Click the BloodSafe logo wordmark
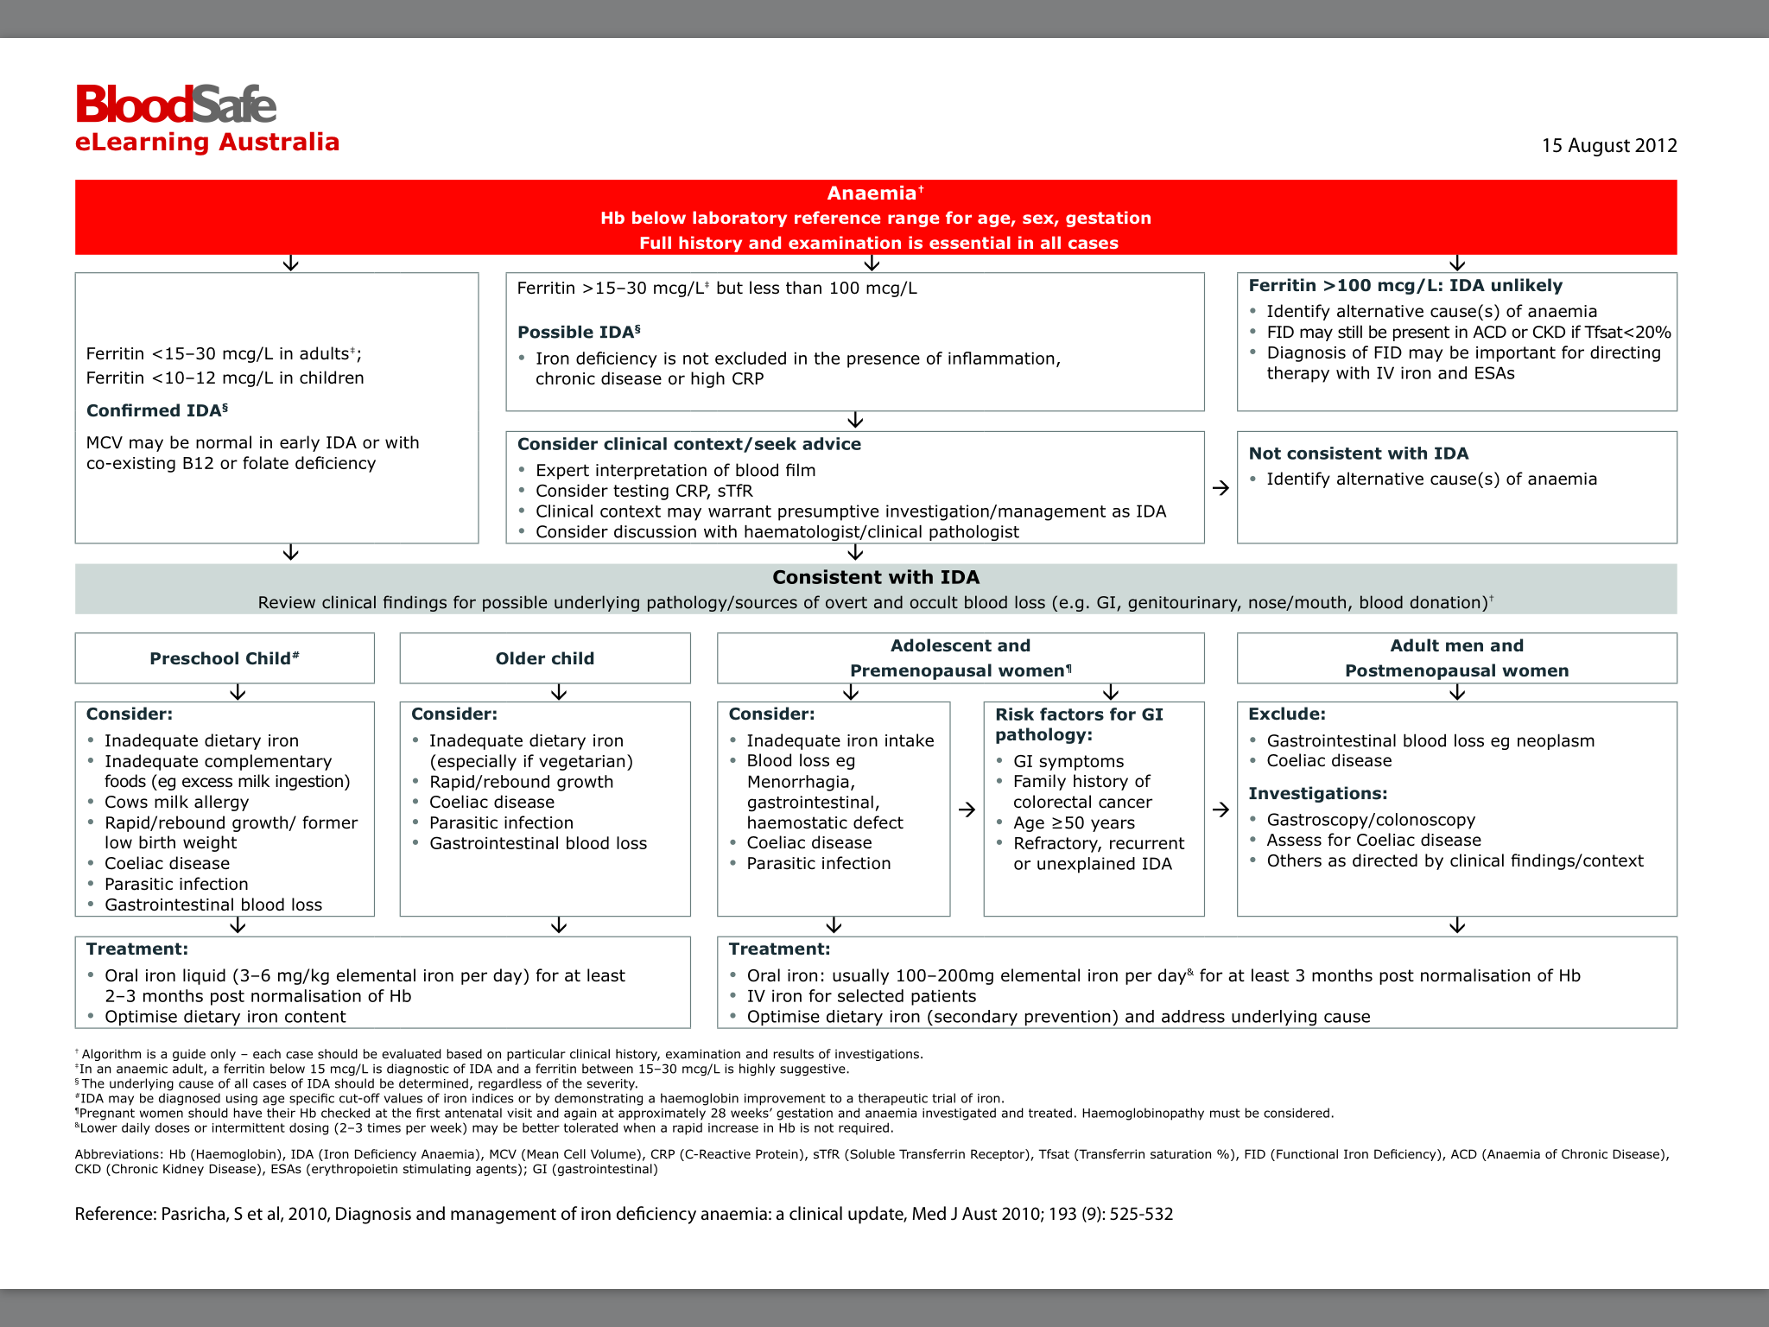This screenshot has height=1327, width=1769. [x=176, y=105]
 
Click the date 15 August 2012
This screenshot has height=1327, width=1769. [x=1608, y=145]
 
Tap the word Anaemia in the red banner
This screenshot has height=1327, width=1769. [x=871, y=194]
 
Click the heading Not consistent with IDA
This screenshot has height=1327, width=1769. [x=1358, y=454]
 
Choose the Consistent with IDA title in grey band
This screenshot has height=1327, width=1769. [x=875, y=577]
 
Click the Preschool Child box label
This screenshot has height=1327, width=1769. [x=223, y=658]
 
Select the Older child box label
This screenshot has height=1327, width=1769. [x=544, y=658]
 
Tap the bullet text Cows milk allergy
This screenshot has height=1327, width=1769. [x=176, y=802]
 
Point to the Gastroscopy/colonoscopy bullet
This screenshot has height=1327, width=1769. [x=1370, y=819]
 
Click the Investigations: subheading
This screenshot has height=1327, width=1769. [x=1317, y=793]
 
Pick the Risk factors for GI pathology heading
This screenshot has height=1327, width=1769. [x=1079, y=724]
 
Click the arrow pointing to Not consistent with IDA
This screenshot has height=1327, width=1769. [x=1221, y=488]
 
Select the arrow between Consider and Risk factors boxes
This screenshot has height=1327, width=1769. [x=967, y=810]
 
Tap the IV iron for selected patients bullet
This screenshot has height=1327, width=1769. [x=860, y=996]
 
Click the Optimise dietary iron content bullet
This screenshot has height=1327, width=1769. [x=225, y=1017]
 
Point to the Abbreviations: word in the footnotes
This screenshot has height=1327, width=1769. [x=118, y=1154]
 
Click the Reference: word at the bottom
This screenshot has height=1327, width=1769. [x=116, y=1214]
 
